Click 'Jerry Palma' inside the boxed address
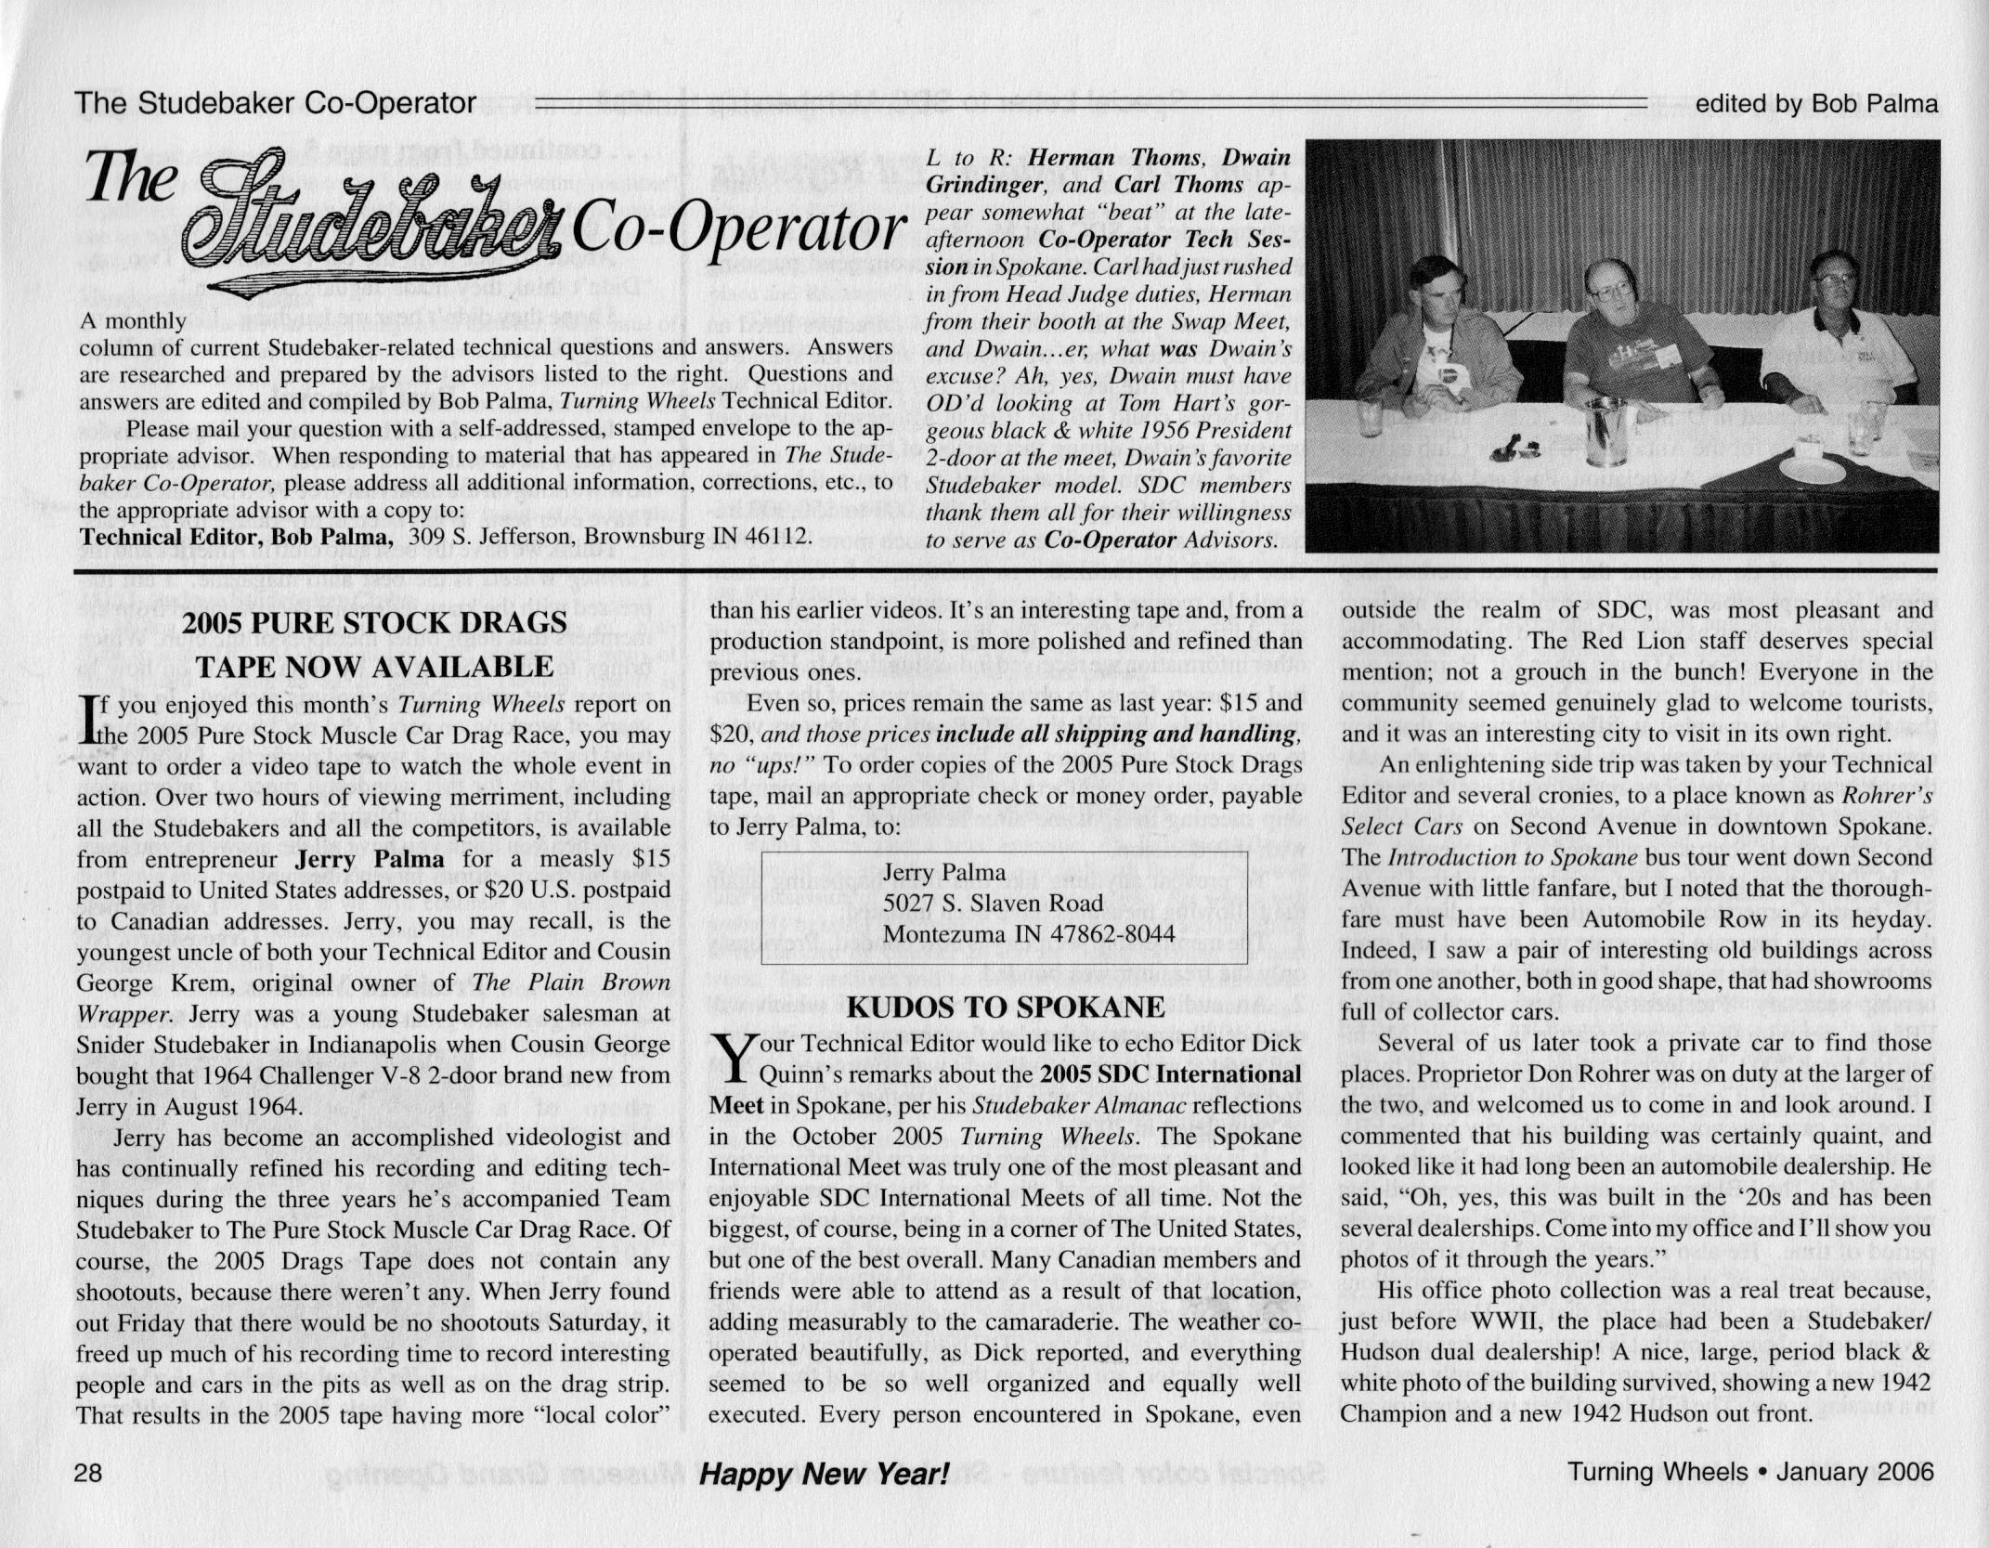pos(944,871)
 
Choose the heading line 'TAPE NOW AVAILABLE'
pos(374,666)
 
